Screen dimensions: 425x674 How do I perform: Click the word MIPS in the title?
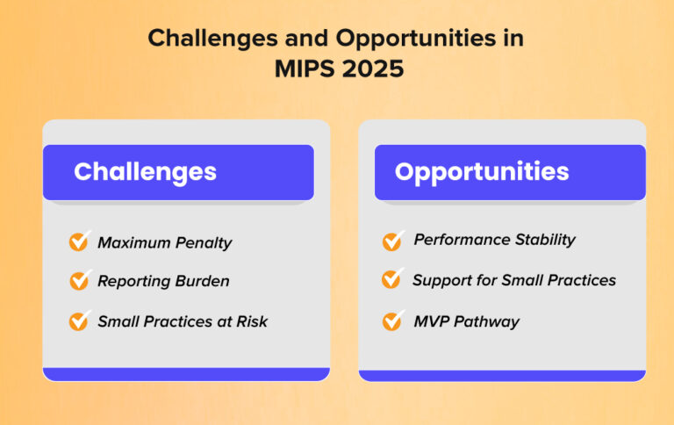pos(303,68)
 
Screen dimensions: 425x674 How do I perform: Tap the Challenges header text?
pos(145,171)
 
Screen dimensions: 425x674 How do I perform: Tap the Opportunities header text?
pos(481,171)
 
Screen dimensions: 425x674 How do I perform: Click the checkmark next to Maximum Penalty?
pos(80,241)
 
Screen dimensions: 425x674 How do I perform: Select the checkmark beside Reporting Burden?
pos(80,281)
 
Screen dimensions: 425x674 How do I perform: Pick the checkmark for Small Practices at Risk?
pos(80,321)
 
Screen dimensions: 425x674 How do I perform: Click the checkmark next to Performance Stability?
pos(393,240)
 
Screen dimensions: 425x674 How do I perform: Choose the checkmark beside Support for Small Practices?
pos(392,280)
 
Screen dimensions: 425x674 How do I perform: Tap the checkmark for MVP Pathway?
pos(393,321)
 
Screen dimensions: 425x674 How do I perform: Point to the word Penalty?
pos(203,241)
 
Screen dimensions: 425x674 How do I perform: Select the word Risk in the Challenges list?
pos(251,321)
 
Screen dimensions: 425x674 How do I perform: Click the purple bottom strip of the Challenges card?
pos(186,374)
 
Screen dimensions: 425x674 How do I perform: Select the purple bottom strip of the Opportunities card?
pos(502,375)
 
